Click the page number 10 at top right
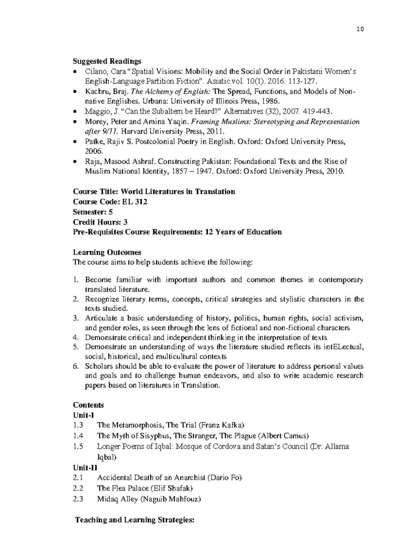click(360, 29)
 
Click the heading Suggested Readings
click(107, 61)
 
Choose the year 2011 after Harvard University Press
click(216, 131)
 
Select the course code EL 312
click(135, 202)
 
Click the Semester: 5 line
click(93, 212)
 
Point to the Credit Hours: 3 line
click(100, 222)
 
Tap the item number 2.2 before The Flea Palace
click(78, 488)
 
